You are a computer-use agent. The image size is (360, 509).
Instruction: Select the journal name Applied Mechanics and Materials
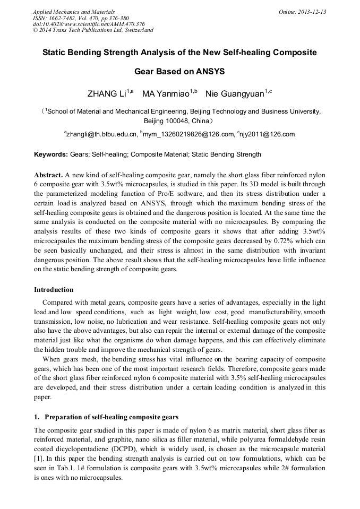[74, 12]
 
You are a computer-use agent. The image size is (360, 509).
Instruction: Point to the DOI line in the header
[89, 24]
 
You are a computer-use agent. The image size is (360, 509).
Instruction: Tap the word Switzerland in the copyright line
[138, 30]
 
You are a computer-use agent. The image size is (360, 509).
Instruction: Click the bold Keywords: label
[51, 155]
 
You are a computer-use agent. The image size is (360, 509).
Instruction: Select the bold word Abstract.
[49, 175]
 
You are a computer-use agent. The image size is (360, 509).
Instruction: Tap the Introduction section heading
[54, 290]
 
